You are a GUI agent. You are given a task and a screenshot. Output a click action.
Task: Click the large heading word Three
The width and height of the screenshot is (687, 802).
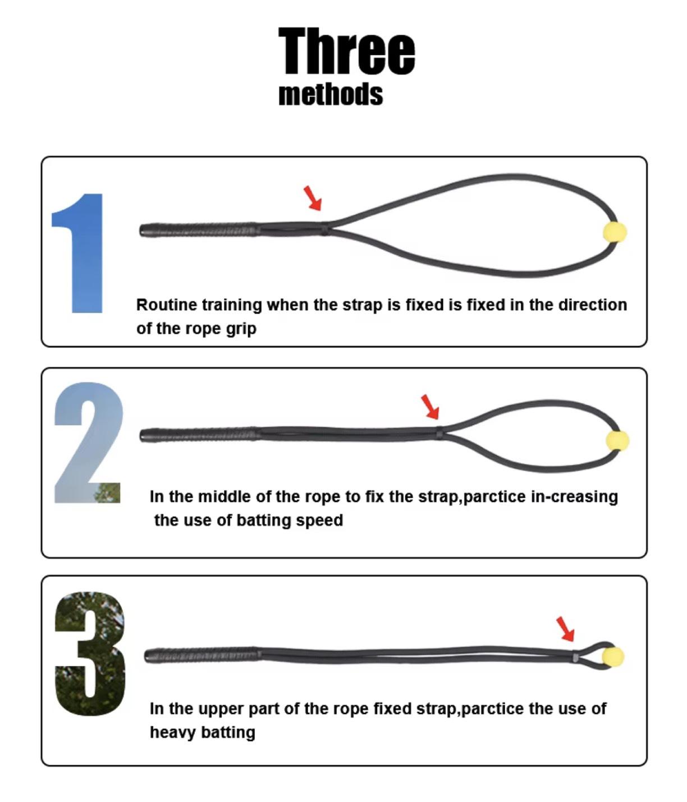click(x=346, y=52)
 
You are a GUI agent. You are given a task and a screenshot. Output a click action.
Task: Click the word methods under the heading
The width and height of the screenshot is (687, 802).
click(x=331, y=94)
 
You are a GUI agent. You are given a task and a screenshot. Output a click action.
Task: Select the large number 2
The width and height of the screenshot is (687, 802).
click(x=88, y=443)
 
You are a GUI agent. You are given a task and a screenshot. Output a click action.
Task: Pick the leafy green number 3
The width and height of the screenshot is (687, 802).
click(x=90, y=653)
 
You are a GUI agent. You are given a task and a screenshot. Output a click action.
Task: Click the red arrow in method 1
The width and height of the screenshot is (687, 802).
click(x=313, y=198)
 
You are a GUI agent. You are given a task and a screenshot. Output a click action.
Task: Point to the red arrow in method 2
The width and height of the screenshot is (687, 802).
click(x=430, y=406)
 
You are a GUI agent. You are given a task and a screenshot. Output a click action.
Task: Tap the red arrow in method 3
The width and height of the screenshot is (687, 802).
click(x=565, y=629)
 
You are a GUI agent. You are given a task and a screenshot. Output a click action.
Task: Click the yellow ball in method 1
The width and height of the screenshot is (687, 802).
click(x=615, y=232)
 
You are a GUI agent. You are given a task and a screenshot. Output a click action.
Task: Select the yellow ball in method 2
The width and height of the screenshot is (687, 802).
click(x=617, y=441)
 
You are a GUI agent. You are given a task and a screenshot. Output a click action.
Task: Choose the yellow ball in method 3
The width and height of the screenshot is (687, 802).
click(x=612, y=656)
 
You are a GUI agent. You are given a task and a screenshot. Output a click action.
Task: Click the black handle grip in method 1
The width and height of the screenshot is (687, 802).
click(x=199, y=230)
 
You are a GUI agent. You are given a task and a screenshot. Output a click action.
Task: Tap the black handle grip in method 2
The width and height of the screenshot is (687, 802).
click(x=199, y=435)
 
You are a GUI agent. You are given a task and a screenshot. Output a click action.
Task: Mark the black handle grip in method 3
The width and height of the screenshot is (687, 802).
click(x=202, y=655)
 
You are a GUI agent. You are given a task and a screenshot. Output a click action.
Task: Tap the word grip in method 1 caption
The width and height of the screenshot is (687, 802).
click(x=241, y=329)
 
